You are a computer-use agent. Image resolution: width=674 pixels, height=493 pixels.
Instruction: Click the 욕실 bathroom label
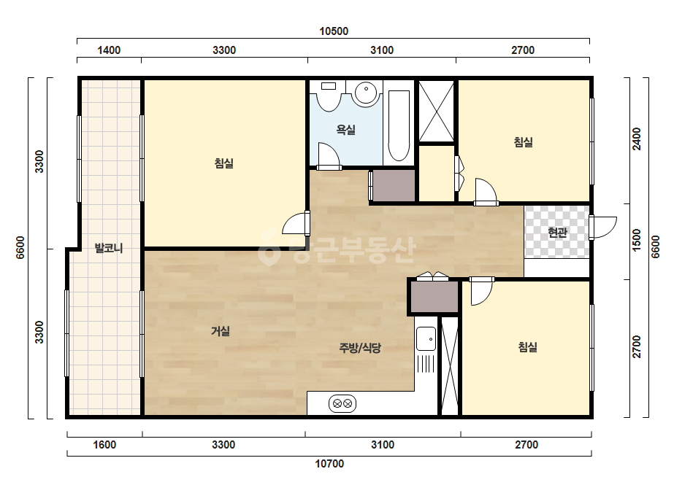tap(345, 130)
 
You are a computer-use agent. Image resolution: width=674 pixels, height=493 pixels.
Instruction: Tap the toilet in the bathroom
tap(329, 96)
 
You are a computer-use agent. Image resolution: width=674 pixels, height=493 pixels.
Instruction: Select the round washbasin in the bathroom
tap(366, 93)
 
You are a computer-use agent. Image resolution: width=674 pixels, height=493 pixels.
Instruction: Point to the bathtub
tap(399, 125)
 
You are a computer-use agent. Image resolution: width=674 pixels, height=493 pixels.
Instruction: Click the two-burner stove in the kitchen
tap(342, 404)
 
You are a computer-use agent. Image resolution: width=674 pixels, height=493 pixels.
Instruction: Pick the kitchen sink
tap(426, 339)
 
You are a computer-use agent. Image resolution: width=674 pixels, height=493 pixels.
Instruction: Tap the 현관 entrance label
tap(557, 233)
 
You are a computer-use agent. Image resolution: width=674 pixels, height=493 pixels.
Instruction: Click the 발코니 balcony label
tap(109, 248)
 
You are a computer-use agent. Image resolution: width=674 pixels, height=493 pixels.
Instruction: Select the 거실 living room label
tap(221, 330)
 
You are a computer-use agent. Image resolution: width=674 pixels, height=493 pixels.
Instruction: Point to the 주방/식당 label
tap(360, 348)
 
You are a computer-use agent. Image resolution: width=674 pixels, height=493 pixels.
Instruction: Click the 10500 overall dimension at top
tap(334, 31)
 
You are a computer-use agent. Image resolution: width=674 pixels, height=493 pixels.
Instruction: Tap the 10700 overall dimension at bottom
tap(329, 464)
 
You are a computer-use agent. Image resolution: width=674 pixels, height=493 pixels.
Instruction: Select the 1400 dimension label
tap(109, 50)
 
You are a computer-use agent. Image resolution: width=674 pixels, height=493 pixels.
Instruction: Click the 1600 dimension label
tap(105, 444)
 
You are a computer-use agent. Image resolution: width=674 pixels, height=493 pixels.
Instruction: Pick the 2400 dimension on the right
tap(637, 139)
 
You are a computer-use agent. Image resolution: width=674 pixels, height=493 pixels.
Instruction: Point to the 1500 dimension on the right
tap(637, 241)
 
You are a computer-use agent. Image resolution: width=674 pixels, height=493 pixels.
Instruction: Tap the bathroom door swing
tap(329, 155)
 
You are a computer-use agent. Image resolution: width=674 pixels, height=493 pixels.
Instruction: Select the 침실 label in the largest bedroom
tap(224, 163)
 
